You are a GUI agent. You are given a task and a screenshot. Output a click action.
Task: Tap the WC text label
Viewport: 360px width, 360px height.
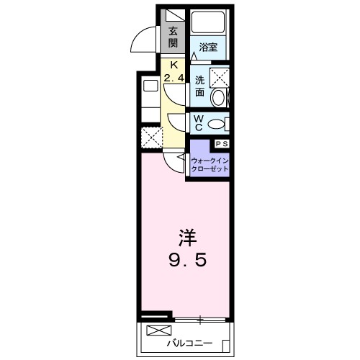[196, 123]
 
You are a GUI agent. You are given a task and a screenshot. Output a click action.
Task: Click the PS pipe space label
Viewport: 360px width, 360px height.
[220, 144]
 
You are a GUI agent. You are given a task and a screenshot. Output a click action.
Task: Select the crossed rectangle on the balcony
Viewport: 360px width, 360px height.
[156, 331]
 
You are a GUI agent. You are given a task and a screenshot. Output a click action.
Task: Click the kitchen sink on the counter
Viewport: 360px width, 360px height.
[150, 86]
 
